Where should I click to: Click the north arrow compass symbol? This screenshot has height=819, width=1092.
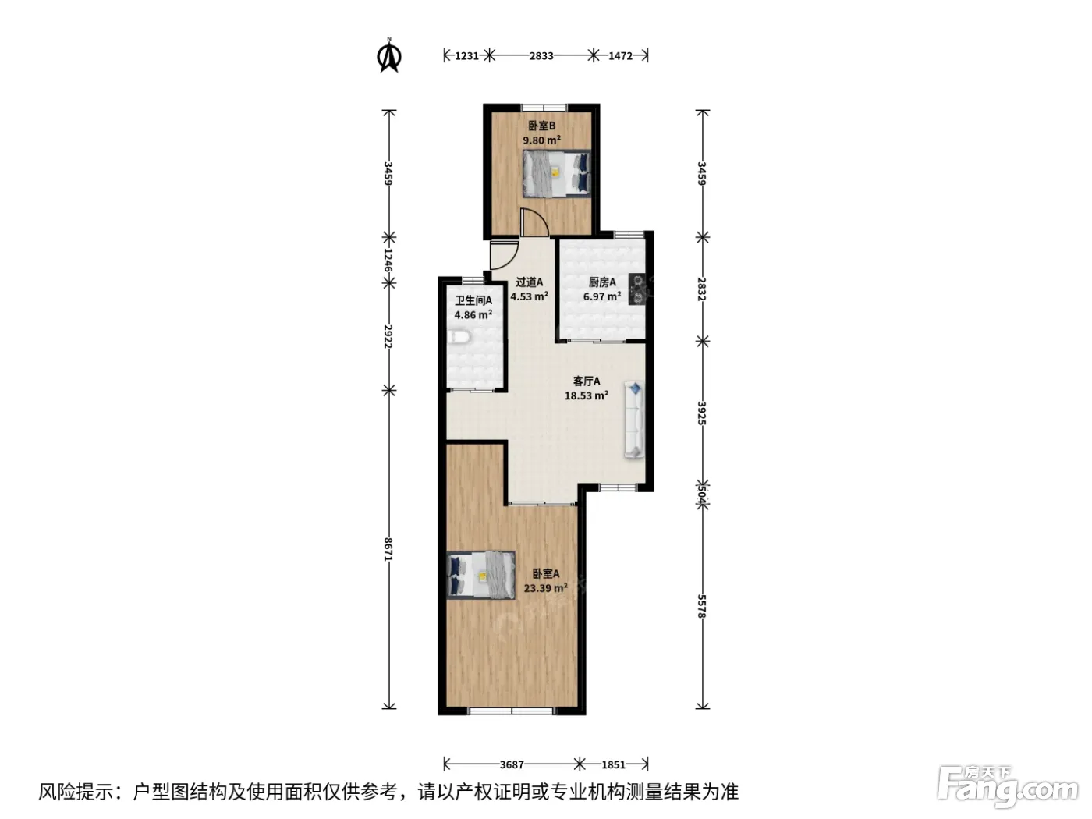pos(389,55)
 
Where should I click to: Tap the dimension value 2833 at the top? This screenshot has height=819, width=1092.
pos(541,55)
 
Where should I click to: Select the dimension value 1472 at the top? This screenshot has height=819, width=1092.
pos(620,55)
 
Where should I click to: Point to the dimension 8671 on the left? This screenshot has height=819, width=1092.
pos(388,549)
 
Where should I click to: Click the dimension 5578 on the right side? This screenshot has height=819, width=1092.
pos(701,606)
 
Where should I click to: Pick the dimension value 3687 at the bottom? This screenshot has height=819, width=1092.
pos(512,764)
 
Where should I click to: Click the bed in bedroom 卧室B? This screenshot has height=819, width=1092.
pos(557,173)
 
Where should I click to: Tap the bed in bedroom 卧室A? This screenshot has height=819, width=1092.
pos(480,576)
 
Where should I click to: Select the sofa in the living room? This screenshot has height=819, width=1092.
pos(634,419)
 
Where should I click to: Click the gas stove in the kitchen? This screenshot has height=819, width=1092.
pos(636,289)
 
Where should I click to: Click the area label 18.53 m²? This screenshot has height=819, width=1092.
pos(587,395)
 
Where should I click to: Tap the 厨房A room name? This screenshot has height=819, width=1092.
pos(602,282)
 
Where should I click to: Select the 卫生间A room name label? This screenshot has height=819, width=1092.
pos(473,300)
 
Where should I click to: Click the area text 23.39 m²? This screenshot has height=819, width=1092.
pos(546,588)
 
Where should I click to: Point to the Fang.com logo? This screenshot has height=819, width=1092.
pos(1008,787)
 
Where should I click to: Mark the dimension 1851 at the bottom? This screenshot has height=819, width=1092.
pos(613,764)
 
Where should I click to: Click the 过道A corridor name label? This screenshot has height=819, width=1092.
pos(530,282)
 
